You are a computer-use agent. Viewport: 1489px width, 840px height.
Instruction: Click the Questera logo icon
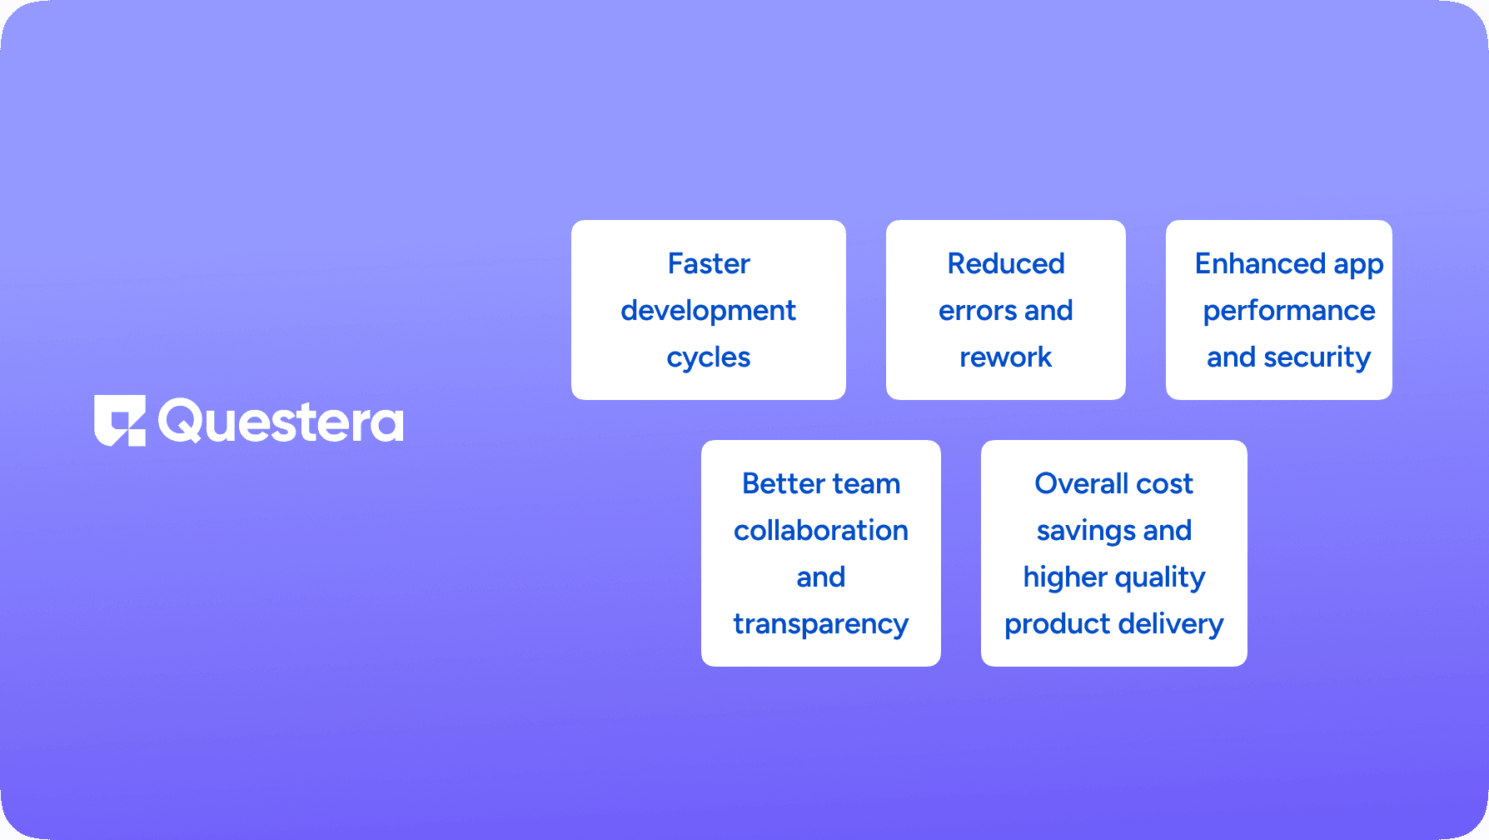point(120,421)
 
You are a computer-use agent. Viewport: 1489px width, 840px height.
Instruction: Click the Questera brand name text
point(281,422)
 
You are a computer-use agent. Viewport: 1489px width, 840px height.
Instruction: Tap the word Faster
point(709,264)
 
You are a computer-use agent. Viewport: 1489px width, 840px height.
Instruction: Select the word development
point(709,311)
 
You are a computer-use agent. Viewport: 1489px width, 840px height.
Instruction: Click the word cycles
point(709,357)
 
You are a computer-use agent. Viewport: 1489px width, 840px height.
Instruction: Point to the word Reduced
point(1006,264)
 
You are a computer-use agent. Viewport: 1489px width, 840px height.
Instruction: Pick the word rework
point(1006,357)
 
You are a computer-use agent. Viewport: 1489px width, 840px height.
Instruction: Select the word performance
point(1289,311)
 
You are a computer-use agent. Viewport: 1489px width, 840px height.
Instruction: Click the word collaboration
point(821,531)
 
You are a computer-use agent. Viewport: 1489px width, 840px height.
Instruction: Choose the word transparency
point(821,624)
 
